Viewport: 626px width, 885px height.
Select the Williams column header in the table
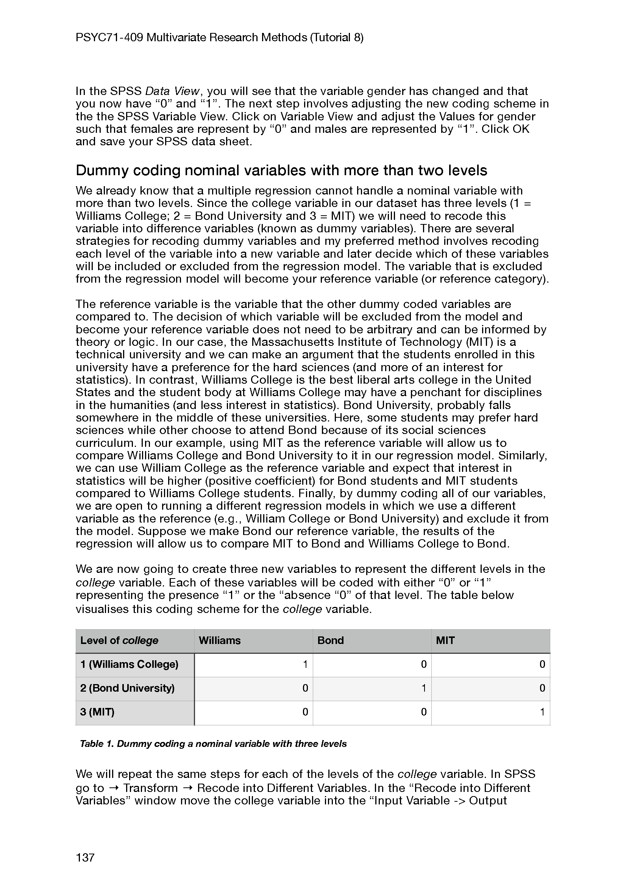[220, 641]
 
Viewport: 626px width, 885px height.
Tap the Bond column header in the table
[331, 641]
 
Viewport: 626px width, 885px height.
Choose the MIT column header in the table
[445, 641]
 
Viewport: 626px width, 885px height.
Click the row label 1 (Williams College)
[129, 664]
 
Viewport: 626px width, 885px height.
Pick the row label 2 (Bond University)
[127, 688]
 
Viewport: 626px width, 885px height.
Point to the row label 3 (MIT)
[97, 712]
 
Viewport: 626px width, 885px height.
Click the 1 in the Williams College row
[305, 664]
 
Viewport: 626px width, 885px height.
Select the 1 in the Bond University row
[423, 688]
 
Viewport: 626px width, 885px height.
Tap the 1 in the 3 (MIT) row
[542, 712]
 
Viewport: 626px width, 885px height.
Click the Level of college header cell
[119, 641]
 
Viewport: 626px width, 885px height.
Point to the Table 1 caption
[213, 744]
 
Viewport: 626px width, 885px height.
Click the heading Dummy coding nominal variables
[281, 170]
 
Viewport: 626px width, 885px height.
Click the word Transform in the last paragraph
[150, 788]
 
